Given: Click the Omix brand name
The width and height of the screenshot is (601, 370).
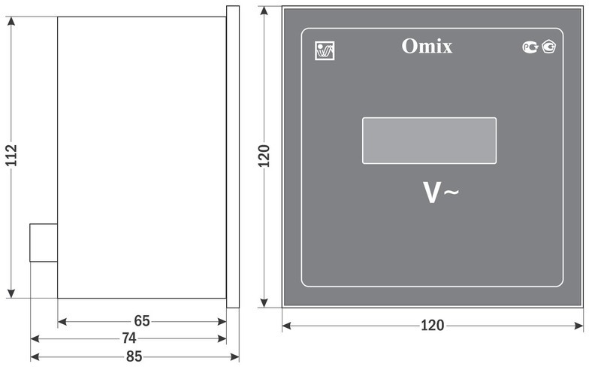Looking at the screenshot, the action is (x=427, y=46).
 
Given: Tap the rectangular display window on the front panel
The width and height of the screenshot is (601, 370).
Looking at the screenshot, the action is (x=429, y=141).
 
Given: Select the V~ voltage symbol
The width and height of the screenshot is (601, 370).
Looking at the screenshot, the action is (x=440, y=193).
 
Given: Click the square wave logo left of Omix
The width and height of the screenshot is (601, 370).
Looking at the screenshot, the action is (x=325, y=50).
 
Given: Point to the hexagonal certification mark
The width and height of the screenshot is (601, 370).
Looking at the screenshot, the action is (x=549, y=47).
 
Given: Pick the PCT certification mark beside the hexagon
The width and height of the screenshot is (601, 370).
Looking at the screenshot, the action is (x=530, y=47).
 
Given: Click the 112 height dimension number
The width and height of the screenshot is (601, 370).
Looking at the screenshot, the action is (x=11, y=156).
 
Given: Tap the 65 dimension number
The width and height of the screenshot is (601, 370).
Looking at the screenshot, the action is (x=142, y=321).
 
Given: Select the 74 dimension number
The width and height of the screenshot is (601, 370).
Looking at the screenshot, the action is (x=129, y=338).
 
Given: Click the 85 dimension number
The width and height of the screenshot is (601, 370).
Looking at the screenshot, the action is (x=134, y=356).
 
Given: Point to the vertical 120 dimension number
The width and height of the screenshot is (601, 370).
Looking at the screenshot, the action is (x=264, y=156).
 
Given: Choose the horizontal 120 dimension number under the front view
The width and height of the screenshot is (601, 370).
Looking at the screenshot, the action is (x=433, y=326).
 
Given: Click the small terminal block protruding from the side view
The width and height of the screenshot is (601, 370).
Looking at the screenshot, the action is (x=44, y=243).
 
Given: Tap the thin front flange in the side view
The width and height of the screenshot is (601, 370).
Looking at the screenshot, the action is (x=233, y=156).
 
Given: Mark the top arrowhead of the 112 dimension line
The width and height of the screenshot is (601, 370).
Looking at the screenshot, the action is (x=11, y=22).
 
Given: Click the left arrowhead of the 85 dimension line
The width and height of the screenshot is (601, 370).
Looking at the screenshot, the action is (x=35, y=357).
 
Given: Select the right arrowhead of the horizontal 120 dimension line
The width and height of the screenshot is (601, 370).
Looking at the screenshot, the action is (x=578, y=326).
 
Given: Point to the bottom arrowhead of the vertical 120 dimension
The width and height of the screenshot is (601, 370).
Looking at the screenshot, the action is (x=264, y=302).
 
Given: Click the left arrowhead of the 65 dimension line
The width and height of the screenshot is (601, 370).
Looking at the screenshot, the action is (x=62, y=321).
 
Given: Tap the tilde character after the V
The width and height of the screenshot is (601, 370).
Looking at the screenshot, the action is (x=452, y=192).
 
